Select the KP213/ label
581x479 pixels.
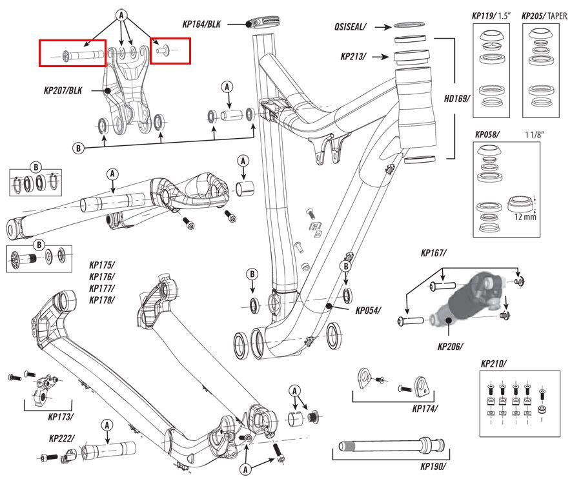(x=353, y=57)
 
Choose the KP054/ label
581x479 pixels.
(x=368, y=310)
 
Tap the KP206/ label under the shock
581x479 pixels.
(x=451, y=346)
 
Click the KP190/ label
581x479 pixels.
(x=433, y=466)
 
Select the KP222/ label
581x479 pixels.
(x=62, y=438)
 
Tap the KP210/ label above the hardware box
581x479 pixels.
(x=494, y=364)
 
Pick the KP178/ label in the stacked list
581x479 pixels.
(x=102, y=300)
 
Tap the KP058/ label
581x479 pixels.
(x=488, y=135)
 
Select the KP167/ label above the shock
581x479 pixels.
(x=434, y=253)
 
